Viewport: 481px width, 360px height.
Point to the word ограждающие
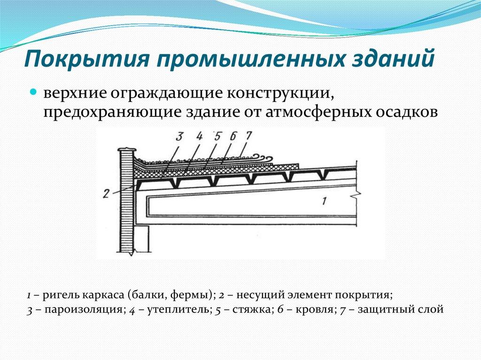[x=166, y=94]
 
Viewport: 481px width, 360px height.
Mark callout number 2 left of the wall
[x=106, y=193]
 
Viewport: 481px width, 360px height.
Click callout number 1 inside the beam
[x=324, y=201]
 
